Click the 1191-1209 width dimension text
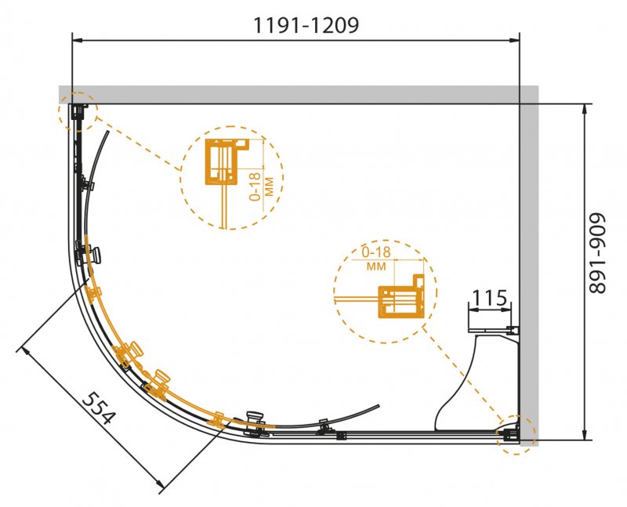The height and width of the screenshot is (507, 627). click(x=306, y=26)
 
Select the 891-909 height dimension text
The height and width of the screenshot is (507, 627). click(x=598, y=254)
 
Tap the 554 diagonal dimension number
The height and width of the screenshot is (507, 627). click(x=99, y=407)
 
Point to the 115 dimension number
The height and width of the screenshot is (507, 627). click(x=489, y=298)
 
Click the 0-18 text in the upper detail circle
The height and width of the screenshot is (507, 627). click(x=255, y=186)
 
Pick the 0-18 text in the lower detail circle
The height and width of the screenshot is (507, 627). click(x=376, y=252)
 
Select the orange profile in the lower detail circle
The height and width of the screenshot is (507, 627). click(x=401, y=296)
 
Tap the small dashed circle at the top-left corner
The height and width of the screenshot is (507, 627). click(x=77, y=111)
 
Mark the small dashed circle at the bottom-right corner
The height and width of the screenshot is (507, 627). click(x=516, y=435)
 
